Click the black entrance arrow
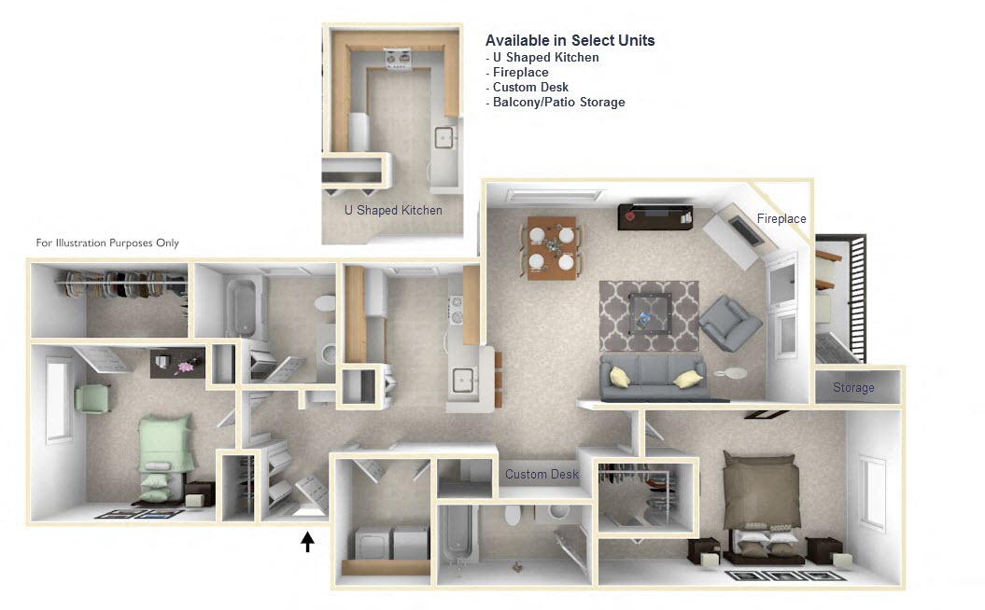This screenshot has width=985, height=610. pyautogui.click(x=307, y=542)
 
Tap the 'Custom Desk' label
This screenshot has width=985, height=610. pyautogui.click(x=542, y=475)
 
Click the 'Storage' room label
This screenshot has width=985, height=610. pyautogui.click(x=853, y=388)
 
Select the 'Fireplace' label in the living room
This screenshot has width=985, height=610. pyautogui.click(x=781, y=219)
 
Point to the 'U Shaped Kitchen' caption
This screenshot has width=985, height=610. pyautogui.click(x=393, y=210)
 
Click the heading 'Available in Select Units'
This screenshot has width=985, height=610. pyautogui.click(x=570, y=41)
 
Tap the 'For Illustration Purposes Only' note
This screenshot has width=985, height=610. pyautogui.click(x=107, y=243)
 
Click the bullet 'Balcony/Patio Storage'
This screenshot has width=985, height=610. pyautogui.click(x=558, y=103)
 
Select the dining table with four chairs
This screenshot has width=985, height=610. pyautogui.click(x=552, y=247)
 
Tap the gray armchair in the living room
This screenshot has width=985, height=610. pyautogui.click(x=728, y=323)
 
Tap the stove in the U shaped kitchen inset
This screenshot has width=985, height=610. pyautogui.click(x=399, y=62)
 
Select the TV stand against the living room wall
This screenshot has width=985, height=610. pyautogui.click(x=654, y=216)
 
